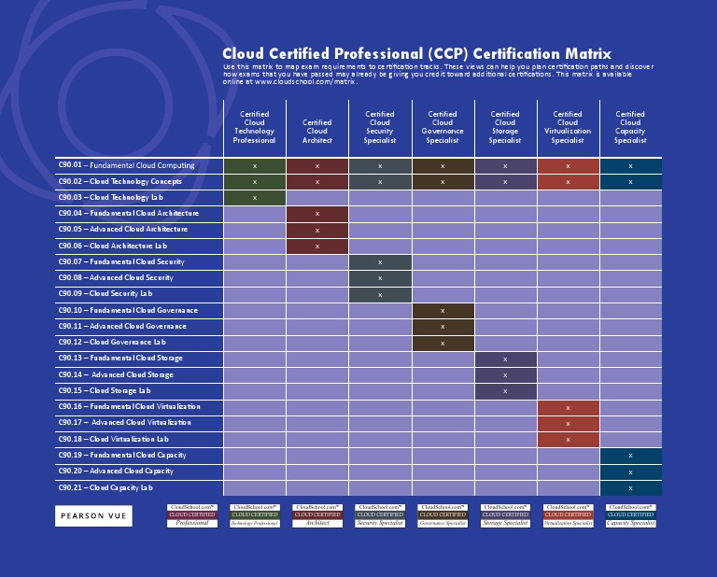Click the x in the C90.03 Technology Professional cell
[255, 198]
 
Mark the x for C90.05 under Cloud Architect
[317, 230]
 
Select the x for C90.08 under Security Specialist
[380, 278]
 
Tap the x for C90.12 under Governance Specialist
[443, 343]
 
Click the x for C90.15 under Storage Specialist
[505, 391]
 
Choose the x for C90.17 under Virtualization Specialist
[568, 423]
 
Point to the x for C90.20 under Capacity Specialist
[630, 471]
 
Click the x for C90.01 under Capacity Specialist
[630, 165]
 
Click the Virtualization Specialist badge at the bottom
[568, 516]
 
